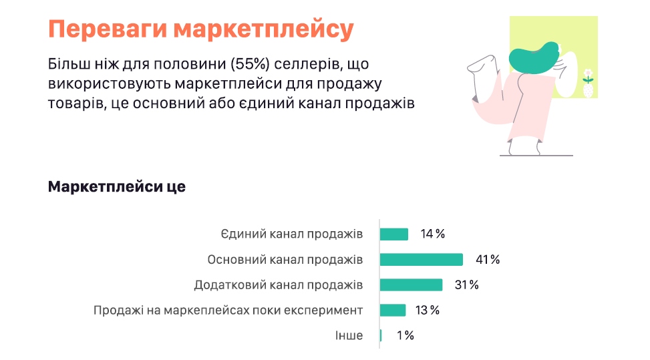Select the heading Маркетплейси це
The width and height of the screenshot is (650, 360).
(x=116, y=187)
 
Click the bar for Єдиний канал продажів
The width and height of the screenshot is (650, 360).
(x=394, y=234)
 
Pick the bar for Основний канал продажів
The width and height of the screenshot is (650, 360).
(x=422, y=260)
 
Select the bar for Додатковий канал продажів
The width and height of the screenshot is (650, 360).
(x=412, y=285)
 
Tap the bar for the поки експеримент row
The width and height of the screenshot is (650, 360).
(x=393, y=310)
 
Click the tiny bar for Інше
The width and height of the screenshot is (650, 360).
(x=381, y=335)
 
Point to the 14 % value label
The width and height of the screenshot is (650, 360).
(x=433, y=234)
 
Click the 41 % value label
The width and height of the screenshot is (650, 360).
(x=487, y=260)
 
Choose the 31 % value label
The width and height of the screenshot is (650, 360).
(x=467, y=285)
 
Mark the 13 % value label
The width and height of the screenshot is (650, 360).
(x=428, y=310)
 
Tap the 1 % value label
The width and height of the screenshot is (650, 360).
(x=405, y=335)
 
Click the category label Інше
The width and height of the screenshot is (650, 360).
(x=349, y=335)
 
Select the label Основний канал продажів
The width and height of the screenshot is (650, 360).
(x=285, y=260)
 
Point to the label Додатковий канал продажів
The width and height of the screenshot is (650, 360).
(x=279, y=285)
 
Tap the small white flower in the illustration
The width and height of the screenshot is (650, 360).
(x=588, y=73)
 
